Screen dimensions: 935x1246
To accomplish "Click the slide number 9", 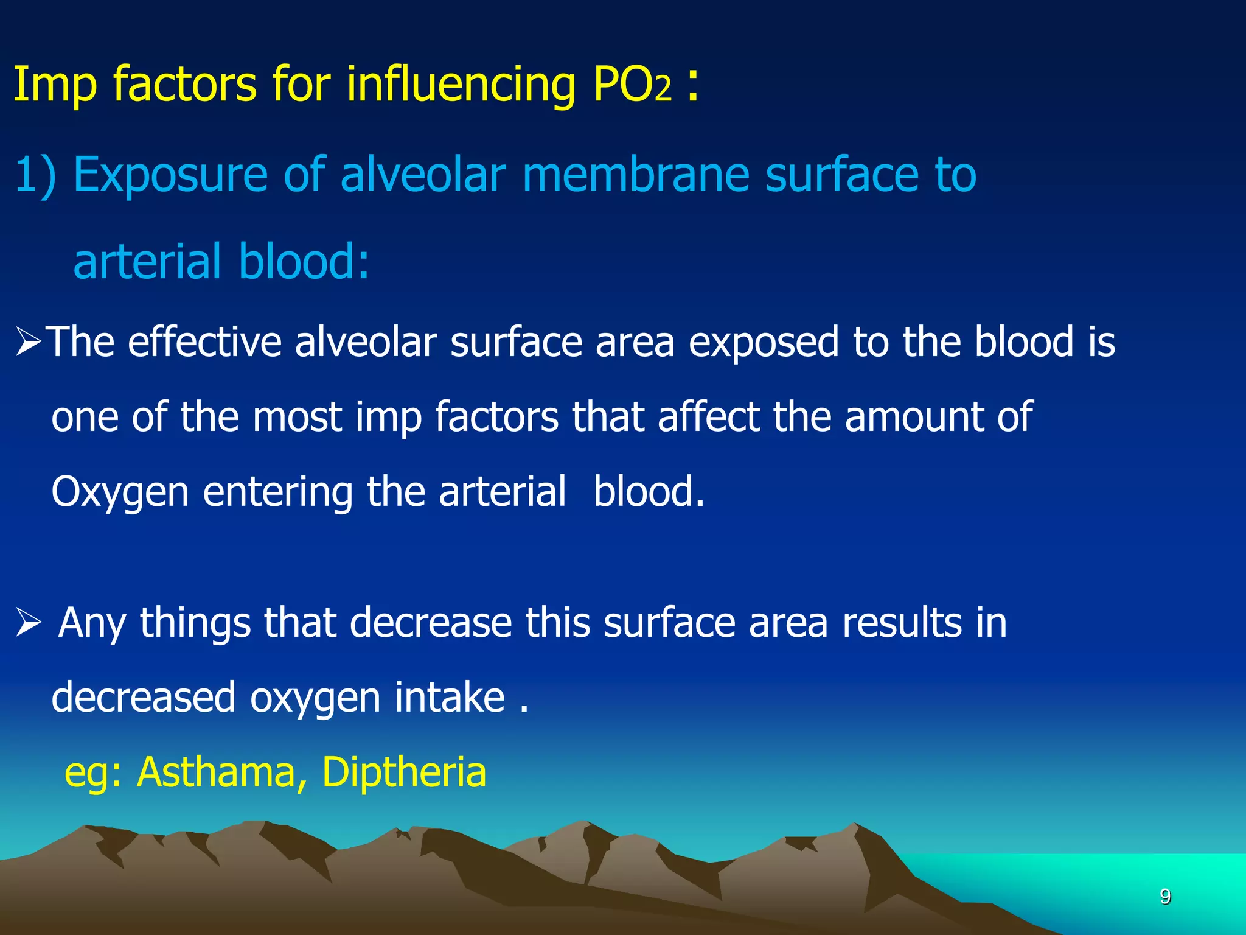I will coord(1165,897).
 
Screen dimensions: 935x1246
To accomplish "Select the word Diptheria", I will coord(404,772).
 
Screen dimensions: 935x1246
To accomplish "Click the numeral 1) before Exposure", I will coord(35,175).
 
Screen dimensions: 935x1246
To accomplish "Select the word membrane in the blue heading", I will coord(635,175).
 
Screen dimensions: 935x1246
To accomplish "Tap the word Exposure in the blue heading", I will coord(170,175).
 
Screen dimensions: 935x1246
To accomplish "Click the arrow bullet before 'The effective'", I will coord(28,342).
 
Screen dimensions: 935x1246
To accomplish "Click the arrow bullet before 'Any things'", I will coord(28,623).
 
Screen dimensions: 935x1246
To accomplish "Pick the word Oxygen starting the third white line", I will coord(120,492).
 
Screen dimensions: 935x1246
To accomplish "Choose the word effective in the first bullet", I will coord(204,342).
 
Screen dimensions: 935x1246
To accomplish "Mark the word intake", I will coord(450,698).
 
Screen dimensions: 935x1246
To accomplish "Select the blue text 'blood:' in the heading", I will coord(304,262).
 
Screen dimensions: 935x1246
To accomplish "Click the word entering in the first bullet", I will coord(277,492).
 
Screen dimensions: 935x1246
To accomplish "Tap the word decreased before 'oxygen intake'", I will coord(144,698).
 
